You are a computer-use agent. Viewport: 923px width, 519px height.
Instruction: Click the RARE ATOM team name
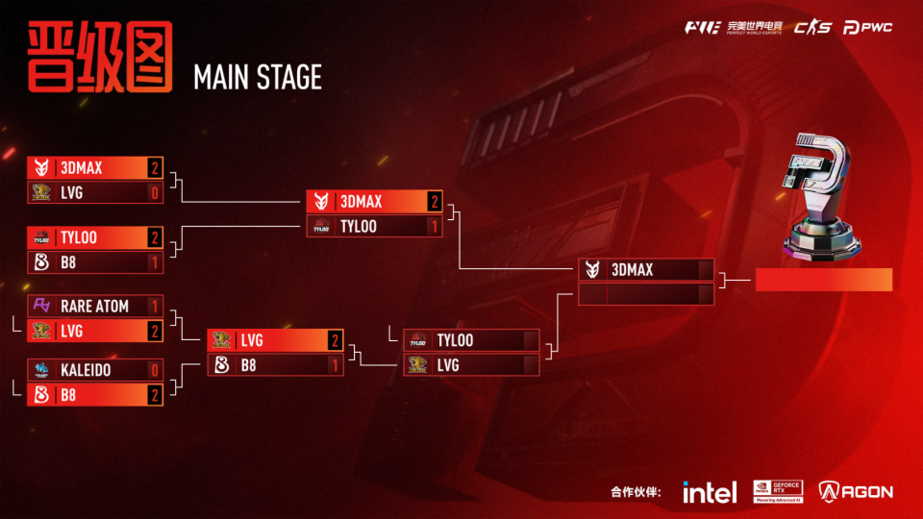pos(94,306)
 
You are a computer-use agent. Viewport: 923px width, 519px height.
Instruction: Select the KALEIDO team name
pos(86,370)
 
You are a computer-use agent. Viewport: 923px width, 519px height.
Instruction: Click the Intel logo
pos(710,492)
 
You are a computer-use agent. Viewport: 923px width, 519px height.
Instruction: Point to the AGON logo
pos(856,491)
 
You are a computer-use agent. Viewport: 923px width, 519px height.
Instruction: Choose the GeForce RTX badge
pos(778,491)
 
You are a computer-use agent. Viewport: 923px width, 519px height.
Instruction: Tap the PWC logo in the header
pos(867,28)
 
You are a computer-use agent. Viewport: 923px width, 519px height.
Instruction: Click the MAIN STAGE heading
pos(258,78)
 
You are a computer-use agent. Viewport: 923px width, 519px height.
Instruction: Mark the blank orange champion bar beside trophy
pos(824,280)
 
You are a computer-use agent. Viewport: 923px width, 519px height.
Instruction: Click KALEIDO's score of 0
pos(154,370)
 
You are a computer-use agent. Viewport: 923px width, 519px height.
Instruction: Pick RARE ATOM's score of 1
pos(154,306)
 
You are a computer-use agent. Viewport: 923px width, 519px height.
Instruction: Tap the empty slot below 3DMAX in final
pos(646,294)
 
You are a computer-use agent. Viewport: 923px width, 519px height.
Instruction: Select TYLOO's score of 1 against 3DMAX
pos(435,227)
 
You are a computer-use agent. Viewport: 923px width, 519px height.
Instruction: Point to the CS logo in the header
pos(812,28)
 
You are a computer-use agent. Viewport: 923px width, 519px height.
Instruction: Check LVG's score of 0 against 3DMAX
pos(154,192)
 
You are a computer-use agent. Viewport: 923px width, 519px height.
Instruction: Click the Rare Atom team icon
pos(41,306)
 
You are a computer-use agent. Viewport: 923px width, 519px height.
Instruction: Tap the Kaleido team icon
pos(41,370)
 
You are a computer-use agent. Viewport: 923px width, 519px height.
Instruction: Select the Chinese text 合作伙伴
pos(636,492)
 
